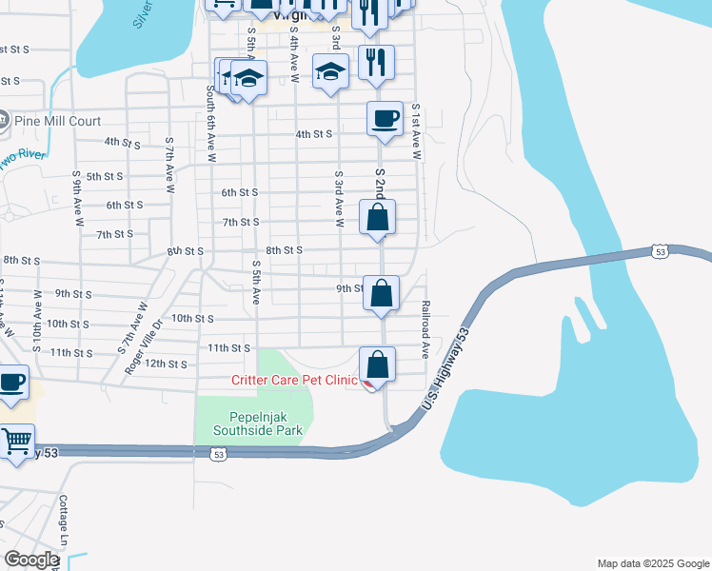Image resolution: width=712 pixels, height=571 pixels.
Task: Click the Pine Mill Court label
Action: (x=57, y=121)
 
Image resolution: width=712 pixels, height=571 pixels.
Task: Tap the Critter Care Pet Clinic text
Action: (x=294, y=381)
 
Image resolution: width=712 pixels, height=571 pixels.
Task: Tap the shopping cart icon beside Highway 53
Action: (x=16, y=442)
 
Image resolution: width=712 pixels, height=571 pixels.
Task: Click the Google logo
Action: (x=31, y=560)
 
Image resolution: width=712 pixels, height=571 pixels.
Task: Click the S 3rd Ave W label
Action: (x=338, y=199)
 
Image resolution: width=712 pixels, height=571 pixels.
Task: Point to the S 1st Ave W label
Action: (x=416, y=132)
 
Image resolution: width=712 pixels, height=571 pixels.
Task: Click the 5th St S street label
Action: (x=105, y=177)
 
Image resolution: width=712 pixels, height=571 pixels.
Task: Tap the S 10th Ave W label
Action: (x=38, y=318)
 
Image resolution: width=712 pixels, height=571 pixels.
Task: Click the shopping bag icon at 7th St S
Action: (x=378, y=217)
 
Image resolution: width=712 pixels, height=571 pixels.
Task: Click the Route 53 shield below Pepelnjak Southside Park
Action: (x=219, y=455)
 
